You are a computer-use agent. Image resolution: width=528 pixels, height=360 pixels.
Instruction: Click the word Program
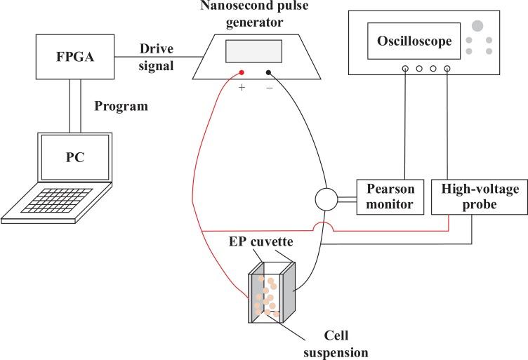(x=121, y=107)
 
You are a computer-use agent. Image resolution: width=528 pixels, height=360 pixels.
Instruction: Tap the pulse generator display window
(x=254, y=52)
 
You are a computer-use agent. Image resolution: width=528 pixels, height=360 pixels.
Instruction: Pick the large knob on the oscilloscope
(x=477, y=25)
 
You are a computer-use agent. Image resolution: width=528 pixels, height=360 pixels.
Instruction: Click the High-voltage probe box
(x=470, y=197)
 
